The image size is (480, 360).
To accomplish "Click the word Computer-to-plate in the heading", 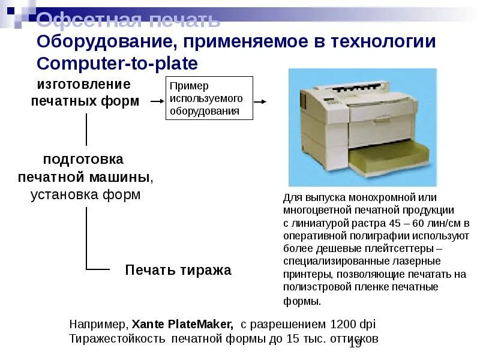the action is tap(117, 64).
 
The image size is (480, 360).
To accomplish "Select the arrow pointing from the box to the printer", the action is tap(260, 101).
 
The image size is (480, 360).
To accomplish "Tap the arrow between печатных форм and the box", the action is tap(157, 101).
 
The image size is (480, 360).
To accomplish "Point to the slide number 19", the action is tap(355, 344).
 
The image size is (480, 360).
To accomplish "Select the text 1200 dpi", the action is tap(353, 324).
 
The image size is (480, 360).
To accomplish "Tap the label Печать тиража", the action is tap(178, 270).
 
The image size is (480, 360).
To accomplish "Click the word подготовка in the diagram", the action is tap(83, 160).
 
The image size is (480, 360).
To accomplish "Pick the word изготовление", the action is tap(84, 84).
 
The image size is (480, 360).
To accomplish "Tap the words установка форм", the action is tap(85, 195).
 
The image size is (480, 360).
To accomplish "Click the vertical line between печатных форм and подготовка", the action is tap(87, 129).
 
